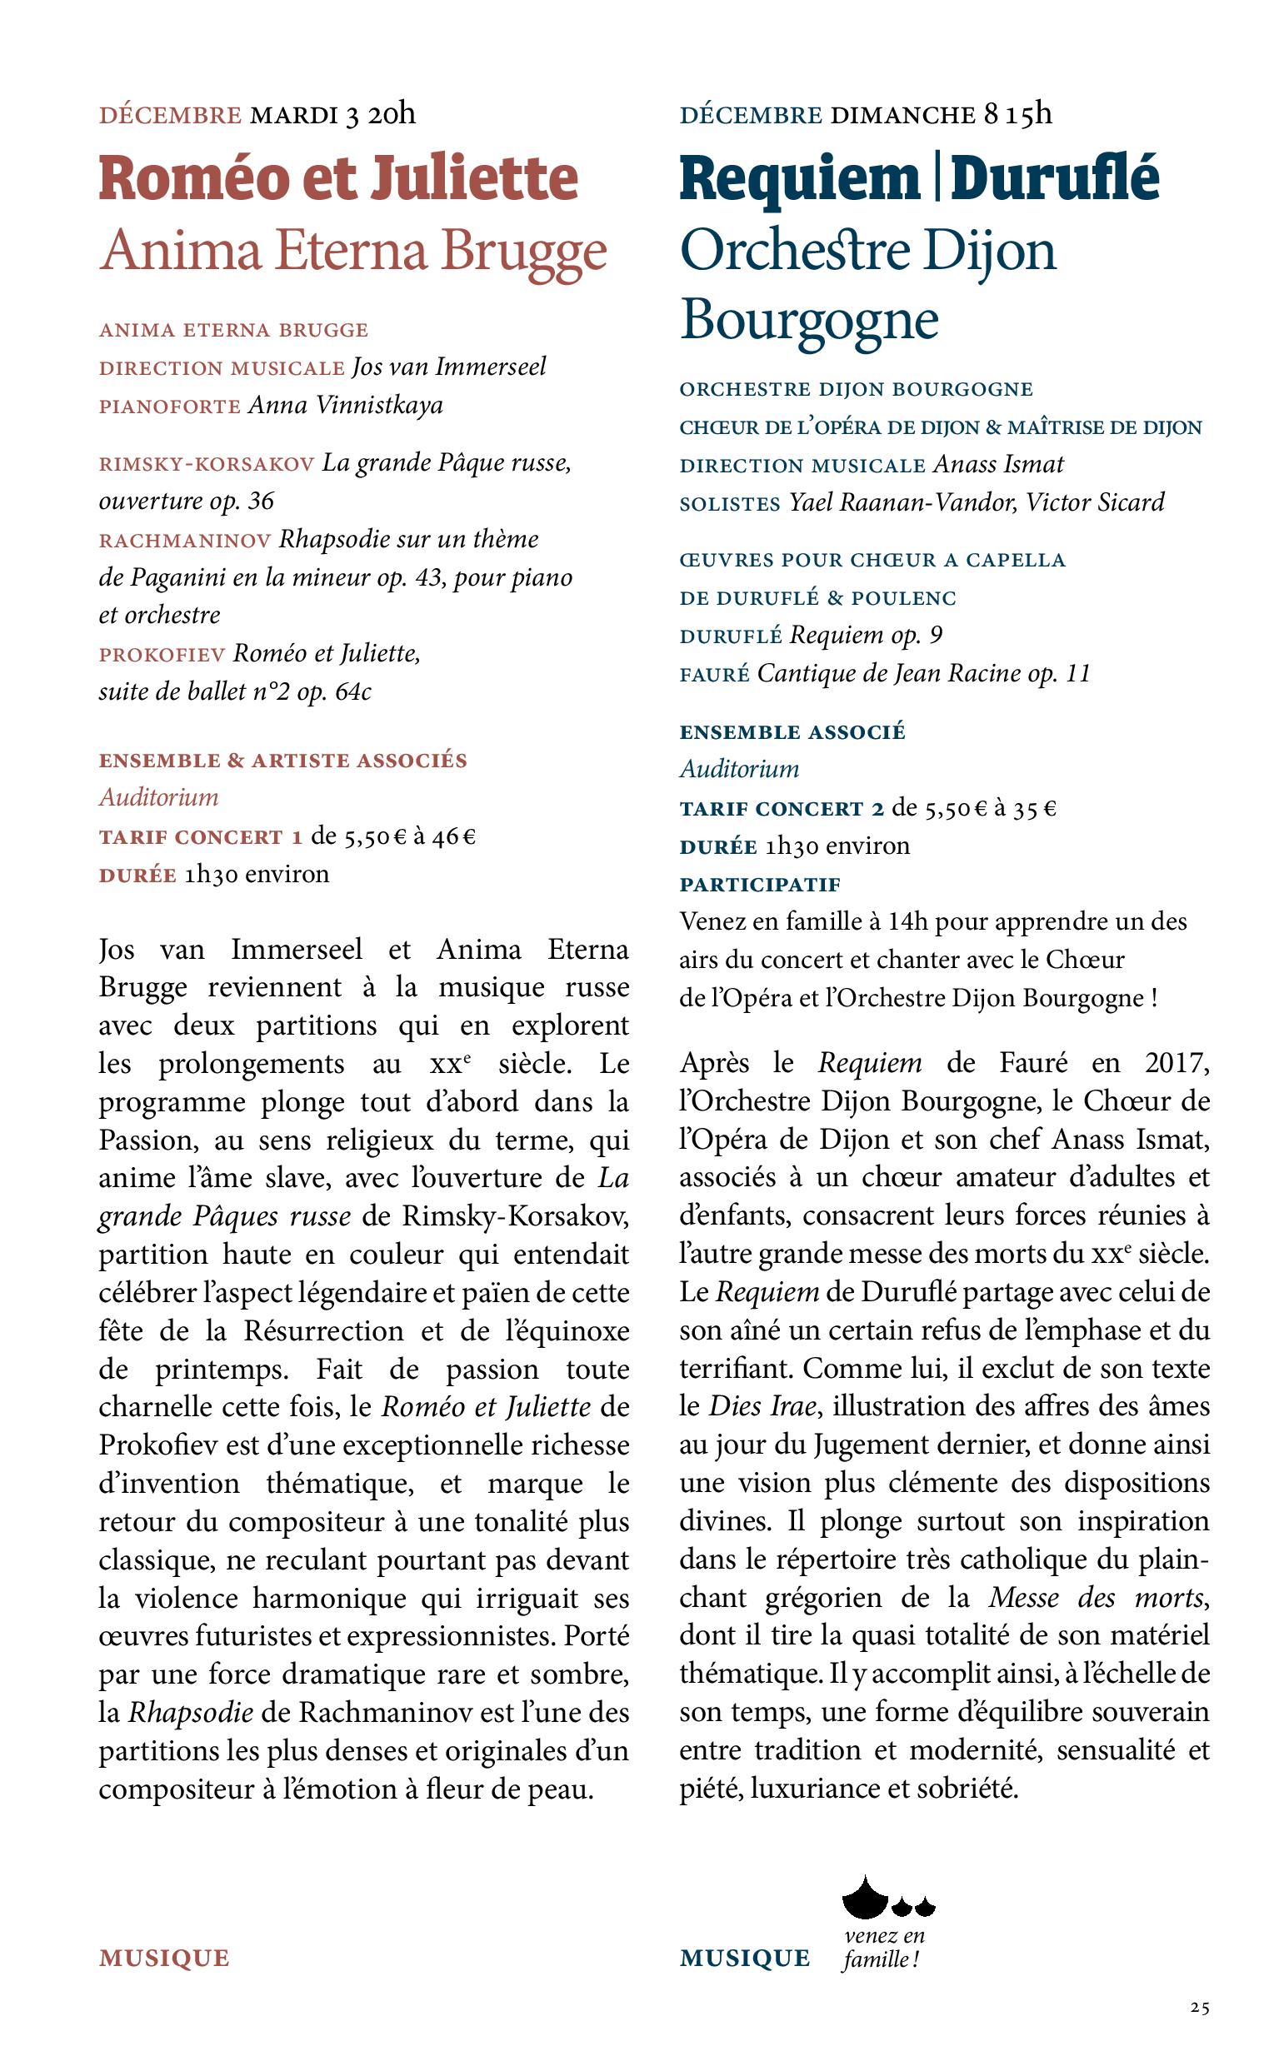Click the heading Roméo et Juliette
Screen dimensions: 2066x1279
338,179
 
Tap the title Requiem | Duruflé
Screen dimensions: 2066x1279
920,179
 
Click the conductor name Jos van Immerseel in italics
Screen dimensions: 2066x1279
449,367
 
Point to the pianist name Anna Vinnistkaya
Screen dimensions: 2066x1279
345,406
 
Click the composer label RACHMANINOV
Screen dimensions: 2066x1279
184,541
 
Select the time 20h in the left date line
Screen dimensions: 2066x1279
392,113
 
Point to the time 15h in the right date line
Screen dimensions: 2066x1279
1030,113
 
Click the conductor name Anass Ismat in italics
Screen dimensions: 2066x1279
998,464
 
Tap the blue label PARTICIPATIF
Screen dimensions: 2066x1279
761,885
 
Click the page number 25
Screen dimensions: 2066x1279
1199,2007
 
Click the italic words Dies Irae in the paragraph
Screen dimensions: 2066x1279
762,1406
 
